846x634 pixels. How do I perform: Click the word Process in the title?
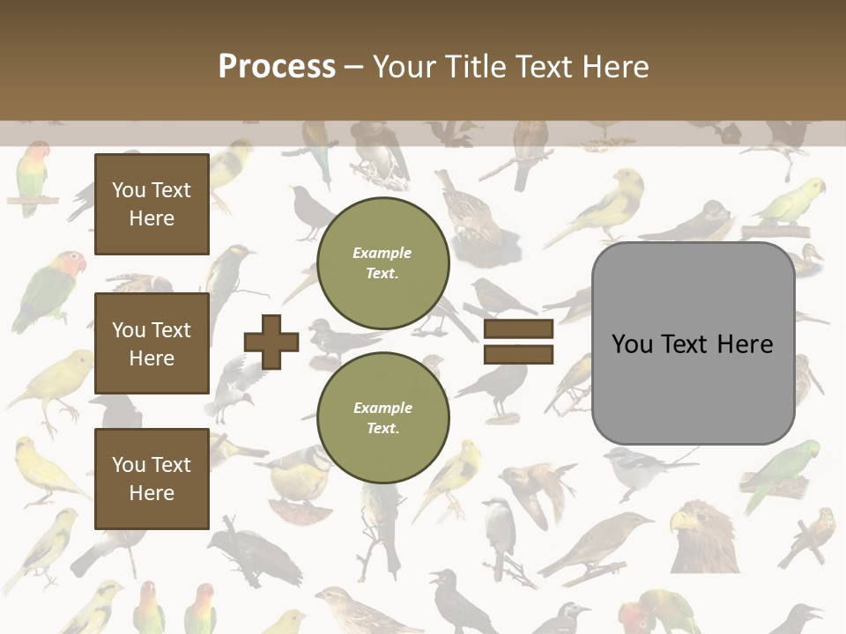pyautogui.click(x=277, y=67)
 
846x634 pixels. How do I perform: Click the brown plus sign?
pyautogui.click(x=271, y=342)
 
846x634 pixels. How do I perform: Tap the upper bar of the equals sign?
pyautogui.click(x=518, y=329)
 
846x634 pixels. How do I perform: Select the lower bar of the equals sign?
pyautogui.click(x=518, y=355)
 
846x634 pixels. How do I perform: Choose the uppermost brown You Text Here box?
pyautogui.click(x=152, y=204)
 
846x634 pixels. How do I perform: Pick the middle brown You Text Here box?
pyautogui.click(x=152, y=343)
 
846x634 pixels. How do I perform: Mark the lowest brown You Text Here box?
pyautogui.click(x=152, y=479)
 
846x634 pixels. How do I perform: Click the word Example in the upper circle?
pyautogui.click(x=382, y=253)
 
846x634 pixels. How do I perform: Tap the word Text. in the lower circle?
pyautogui.click(x=382, y=429)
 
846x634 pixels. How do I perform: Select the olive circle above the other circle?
pyautogui.click(x=382, y=262)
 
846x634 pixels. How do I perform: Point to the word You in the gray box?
pyautogui.click(x=632, y=344)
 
